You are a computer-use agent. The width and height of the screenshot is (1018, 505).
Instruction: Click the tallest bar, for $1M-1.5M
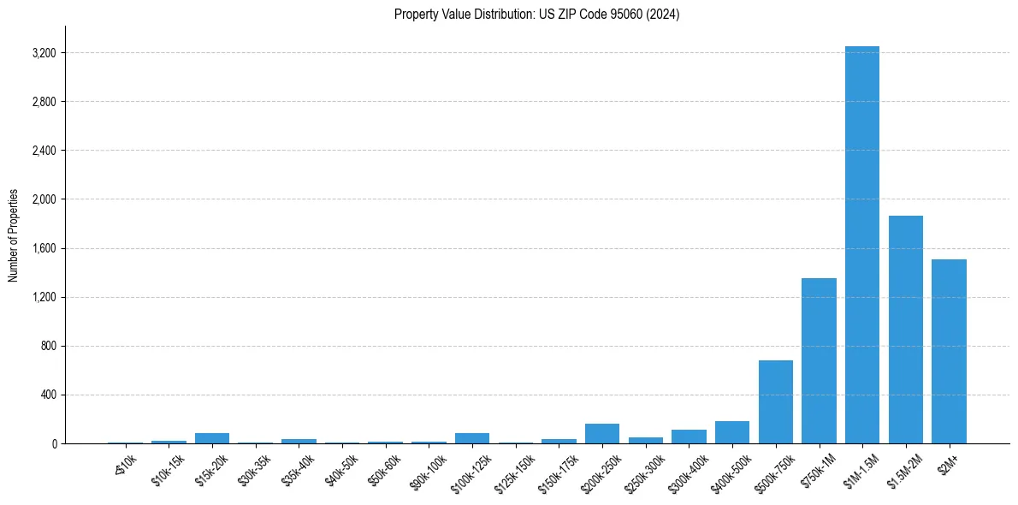(861, 245)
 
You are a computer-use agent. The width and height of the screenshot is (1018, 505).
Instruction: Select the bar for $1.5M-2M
(905, 330)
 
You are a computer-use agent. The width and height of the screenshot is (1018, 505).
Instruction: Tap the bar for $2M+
(949, 351)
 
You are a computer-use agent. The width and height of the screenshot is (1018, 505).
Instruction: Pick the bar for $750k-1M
(819, 360)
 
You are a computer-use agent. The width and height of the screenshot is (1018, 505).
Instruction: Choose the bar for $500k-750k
(775, 401)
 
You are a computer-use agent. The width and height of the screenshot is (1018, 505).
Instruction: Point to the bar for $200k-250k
(602, 433)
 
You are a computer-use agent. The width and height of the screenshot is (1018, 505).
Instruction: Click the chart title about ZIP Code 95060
(536, 15)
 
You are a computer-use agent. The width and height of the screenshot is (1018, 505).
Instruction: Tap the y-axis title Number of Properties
(14, 235)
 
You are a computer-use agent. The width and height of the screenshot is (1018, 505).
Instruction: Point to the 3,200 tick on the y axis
(44, 53)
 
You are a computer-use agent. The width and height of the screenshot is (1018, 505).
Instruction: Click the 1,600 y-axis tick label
(44, 248)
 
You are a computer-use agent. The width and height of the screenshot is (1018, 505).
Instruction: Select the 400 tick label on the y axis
(48, 395)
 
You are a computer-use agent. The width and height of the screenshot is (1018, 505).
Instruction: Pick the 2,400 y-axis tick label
(44, 151)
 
